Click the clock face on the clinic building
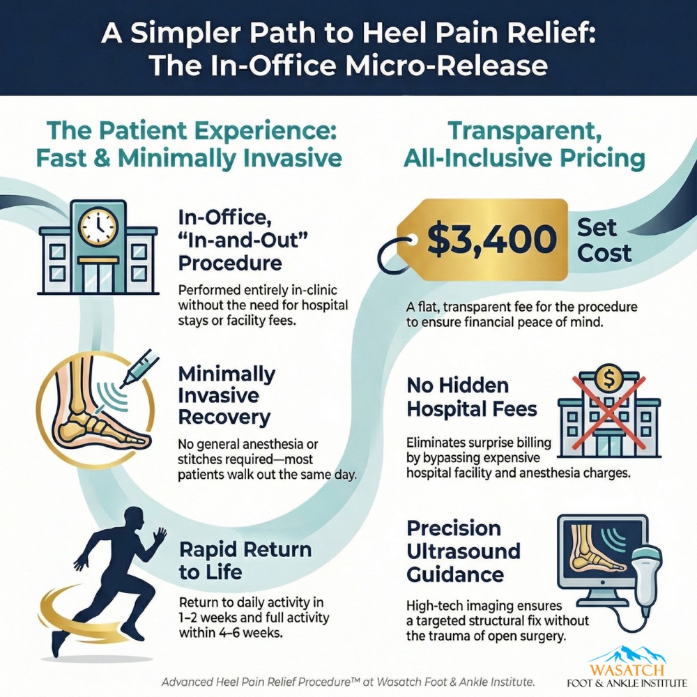click(x=98, y=226)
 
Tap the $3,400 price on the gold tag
click(x=491, y=238)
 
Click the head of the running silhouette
click(x=135, y=517)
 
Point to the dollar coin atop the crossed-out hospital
click(x=607, y=377)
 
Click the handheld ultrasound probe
click(x=648, y=573)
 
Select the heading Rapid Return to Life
click(x=245, y=560)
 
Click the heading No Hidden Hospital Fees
click(x=472, y=397)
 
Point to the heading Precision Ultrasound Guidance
click(x=464, y=551)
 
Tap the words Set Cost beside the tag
click(x=604, y=240)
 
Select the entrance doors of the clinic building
click(x=98, y=277)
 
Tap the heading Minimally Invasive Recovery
click(x=227, y=395)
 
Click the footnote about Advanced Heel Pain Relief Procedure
click(x=348, y=681)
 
